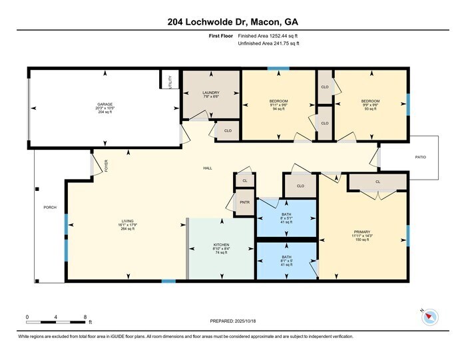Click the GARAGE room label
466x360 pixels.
[x=105, y=104]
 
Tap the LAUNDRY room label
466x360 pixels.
[x=211, y=92]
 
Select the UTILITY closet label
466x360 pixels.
[x=170, y=83]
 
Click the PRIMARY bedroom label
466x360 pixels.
[x=363, y=232]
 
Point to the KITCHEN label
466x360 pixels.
[x=221, y=245]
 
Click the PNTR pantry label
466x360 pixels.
[x=245, y=203]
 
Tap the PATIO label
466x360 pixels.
[x=420, y=157]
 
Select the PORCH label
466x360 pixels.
[x=50, y=208]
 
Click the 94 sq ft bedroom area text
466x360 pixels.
[x=278, y=108]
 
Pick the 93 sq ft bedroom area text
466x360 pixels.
[x=370, y=108]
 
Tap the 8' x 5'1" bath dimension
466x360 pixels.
[x=286, y=216]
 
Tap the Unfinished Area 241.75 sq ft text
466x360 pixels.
[x=268, y=45]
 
